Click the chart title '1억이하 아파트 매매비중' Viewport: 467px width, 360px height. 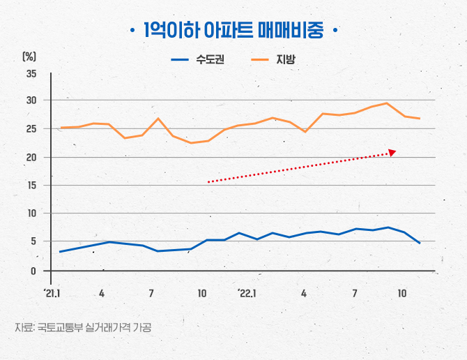tap(233, 31)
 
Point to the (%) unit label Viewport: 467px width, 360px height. tap(29, 56)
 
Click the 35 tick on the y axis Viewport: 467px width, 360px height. tap(31, 74)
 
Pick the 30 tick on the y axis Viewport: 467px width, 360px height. tap(31, 100)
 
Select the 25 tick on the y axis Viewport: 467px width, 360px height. tap(31, 129)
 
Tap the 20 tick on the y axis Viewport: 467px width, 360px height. tap(31, 158)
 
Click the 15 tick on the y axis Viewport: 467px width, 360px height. tap(31, 186)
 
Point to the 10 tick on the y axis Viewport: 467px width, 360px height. tap(31, 213)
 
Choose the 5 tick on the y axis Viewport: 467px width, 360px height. tap(33, 242)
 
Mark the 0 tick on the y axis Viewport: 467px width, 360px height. tap(33, 271)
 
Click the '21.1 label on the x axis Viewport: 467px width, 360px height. tap(52, 294)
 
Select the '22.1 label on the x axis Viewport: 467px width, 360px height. tap(247, 294)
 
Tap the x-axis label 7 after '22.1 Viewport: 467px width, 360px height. tap(355, 294)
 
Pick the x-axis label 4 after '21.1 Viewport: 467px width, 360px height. tap(102, 294)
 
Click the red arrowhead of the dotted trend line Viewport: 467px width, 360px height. tap(392, 151)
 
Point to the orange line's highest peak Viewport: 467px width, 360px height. tap(387, 103)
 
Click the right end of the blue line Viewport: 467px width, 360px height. tap(420, 243)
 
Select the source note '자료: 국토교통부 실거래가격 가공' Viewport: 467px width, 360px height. tap(83, 327)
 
